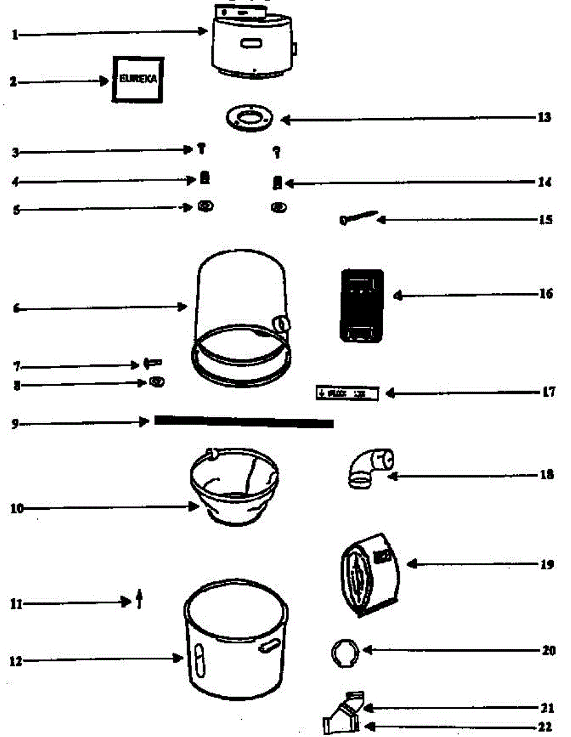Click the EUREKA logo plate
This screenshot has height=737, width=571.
coord(138,79)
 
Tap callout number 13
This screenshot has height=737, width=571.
coord(543,117)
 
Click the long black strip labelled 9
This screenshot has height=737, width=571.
coord(244,422)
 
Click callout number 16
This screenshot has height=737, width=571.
coord(545,294)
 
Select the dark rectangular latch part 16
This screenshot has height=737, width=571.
coord(362,305)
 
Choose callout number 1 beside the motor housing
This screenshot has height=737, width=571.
coord(15,35)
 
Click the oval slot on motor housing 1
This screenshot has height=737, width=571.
coord(252,44)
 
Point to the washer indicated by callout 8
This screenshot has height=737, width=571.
coord(157,382)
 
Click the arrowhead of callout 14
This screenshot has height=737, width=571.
coord(287,183)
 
